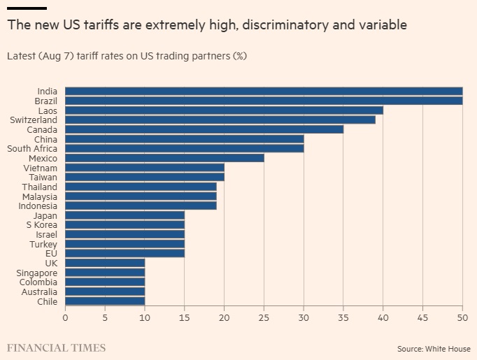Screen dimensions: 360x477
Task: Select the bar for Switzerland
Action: (x=220, y=120)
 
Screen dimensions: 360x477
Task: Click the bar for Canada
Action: (x=204, y=129)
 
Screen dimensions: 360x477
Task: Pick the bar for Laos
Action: (x=224, y=110)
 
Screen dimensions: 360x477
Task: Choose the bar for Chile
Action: (x=105, y=301)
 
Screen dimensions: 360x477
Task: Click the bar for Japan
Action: (x=124, y=215)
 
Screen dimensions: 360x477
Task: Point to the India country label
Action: (x=48, y=91)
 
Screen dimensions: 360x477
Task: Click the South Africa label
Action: (x=32, y=148)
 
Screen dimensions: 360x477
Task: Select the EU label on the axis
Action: (x=51, y=253)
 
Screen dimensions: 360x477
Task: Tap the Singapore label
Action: (x=37, y=273)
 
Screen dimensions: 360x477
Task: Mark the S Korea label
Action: (x=42, y=224)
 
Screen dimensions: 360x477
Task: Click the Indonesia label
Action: (x=38, y=206)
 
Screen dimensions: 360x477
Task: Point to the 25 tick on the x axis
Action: (x=264, y=318)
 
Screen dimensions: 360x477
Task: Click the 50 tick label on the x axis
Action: (x=462, y=318)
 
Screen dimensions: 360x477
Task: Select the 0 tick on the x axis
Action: (x=65, y=318)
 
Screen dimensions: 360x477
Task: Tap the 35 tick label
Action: (x=343, y=318)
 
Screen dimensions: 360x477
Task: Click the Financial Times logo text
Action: (x=56, y=347)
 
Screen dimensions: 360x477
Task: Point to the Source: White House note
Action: (x=434, y=348)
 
